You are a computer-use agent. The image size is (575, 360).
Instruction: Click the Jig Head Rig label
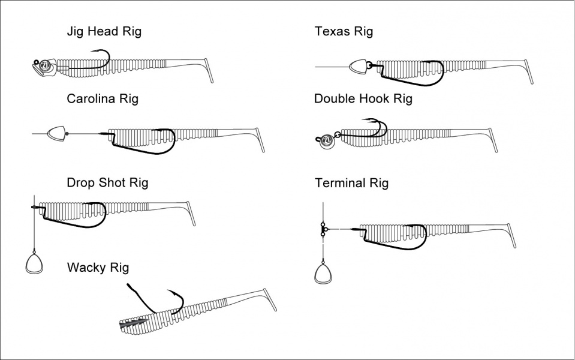pyautogui.click(x=104, y=32)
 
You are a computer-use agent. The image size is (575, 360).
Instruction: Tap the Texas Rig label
pyautogui.click(x=344, y=31)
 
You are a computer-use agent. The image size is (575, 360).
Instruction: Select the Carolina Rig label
pyautogui.click(x=103, y=98)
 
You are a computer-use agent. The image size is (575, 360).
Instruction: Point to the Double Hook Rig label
pyautogui.click(x=363, y=98)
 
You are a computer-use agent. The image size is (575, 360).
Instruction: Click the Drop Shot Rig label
pyautogui.click(x=107, y=182)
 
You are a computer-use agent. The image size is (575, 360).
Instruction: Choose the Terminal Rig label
pyautogui.click(x=351, y=183)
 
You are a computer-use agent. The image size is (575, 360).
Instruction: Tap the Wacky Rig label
pyautogui.click(x=98, y=267)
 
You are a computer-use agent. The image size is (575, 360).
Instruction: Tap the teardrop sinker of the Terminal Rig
pyautogui.click(x=323, y=273)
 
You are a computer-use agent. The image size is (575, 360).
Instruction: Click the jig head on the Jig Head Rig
pyautogui.click(x=44, y=67)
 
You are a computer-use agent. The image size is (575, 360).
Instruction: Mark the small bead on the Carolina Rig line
pyautogui.click(x=67, y=133)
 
